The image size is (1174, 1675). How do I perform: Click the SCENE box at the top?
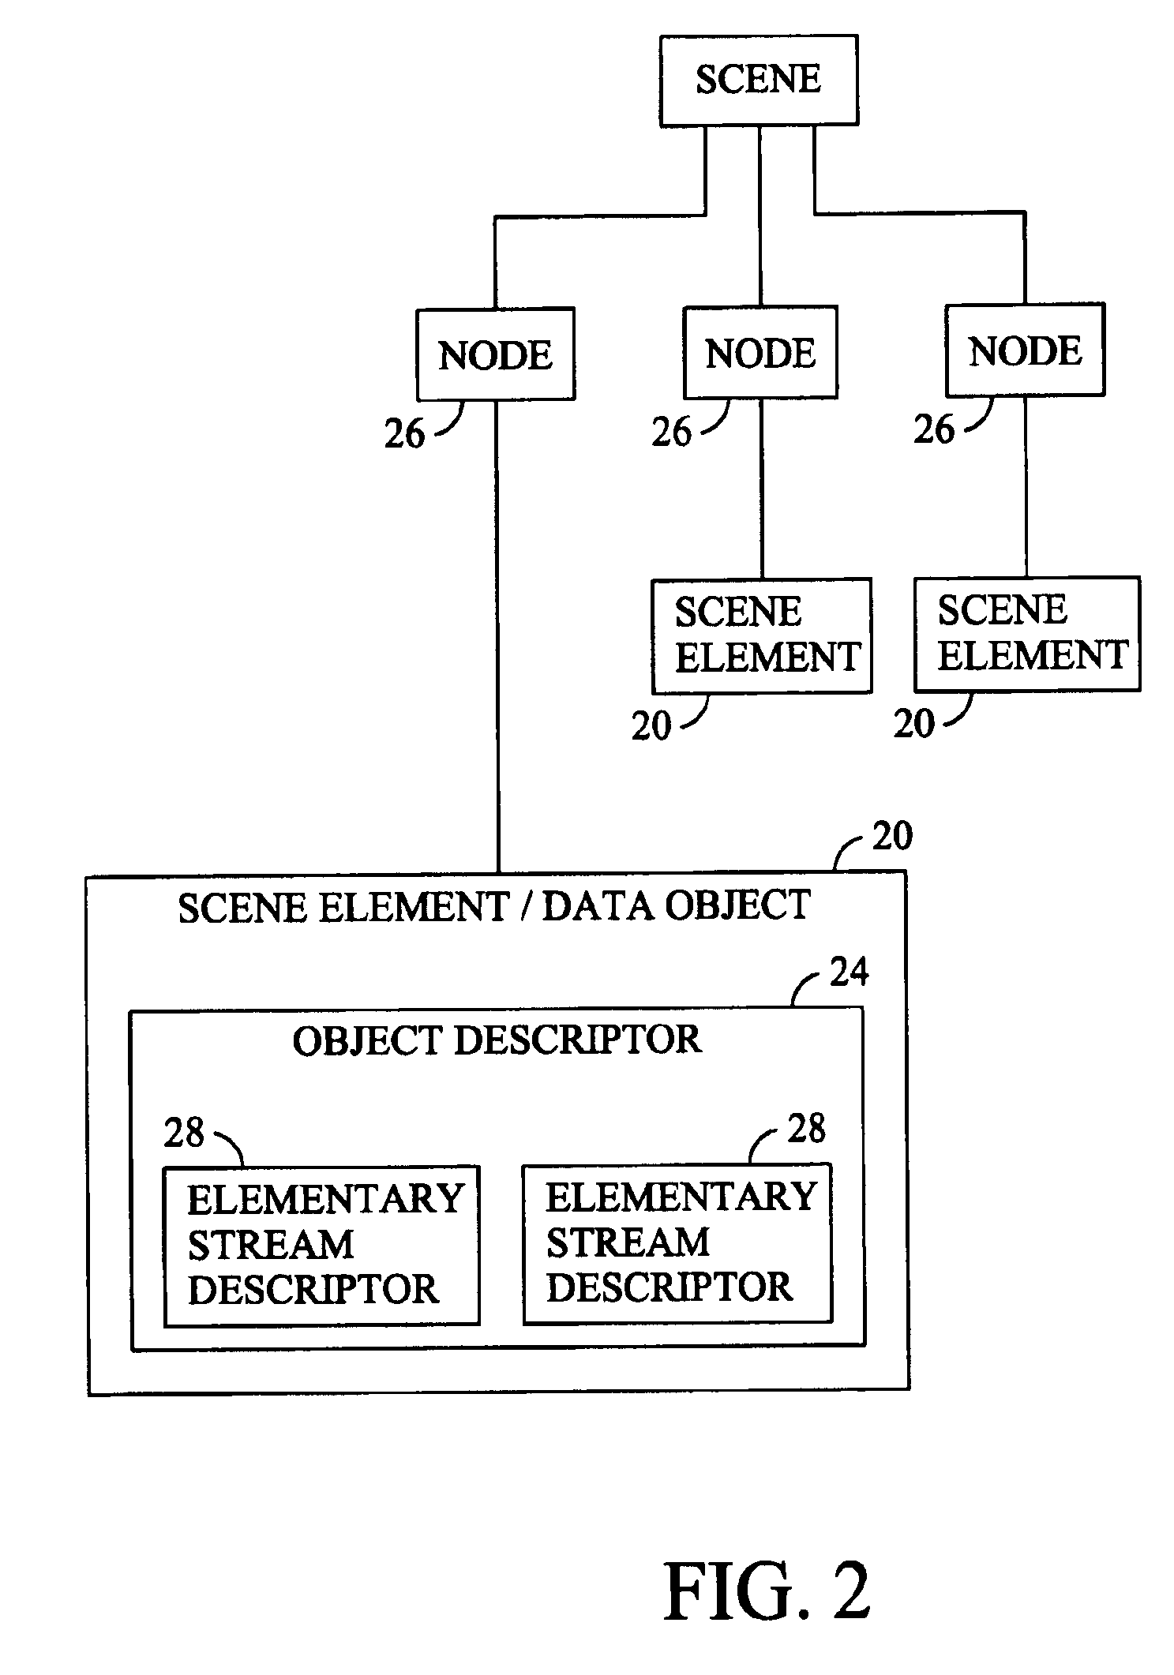[759, 80]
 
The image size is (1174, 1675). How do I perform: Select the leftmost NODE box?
[495, 354]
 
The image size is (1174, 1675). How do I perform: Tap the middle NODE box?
[760, 352]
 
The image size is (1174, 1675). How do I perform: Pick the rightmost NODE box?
[1025, 350]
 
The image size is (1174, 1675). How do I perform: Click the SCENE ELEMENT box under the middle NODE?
[762, 635]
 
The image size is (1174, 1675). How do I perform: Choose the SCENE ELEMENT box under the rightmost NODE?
[1027, 634]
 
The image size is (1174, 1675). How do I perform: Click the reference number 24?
[849, 972]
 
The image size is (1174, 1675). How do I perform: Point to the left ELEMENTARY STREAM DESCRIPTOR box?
[321, 1245]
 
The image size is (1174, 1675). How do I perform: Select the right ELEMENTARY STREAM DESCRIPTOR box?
[677, 1242]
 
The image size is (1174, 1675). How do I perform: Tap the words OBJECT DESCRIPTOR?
[497, 1040]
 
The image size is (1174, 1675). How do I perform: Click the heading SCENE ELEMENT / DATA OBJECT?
[494, 906]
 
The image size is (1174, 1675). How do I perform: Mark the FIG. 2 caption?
[767, 1591]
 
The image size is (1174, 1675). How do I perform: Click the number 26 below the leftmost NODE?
[404, 433]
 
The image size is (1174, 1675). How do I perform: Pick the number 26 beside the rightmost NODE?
[934, 429]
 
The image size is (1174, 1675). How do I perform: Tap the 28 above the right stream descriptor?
[806, 1129]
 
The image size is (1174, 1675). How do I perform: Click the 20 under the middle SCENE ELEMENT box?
[651, 726]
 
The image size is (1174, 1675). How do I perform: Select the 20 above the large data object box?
[892, 836]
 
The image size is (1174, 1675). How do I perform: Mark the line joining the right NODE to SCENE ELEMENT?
[1026, 486]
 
